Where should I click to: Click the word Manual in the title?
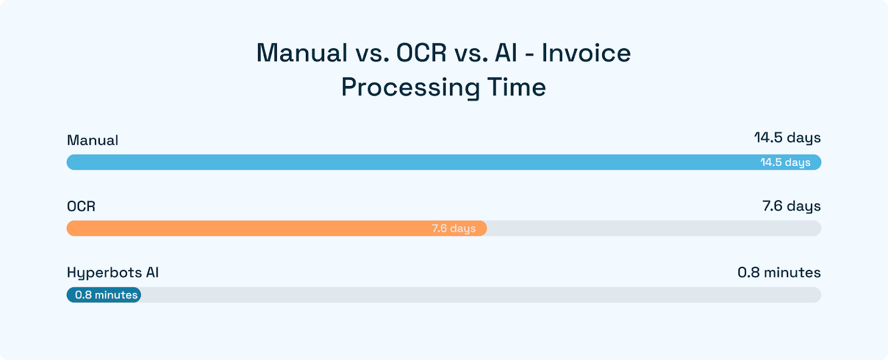pos(302,53)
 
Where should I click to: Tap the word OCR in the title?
pos(421,53)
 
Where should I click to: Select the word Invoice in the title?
pos(586,53)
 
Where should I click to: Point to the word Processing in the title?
pos(410,88)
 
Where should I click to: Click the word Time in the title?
pos(517,88)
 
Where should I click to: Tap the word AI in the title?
pos(506,53)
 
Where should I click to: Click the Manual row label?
pos(93,140)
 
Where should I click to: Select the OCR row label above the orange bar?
pos(81,206)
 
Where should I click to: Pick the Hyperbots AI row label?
pos(113,273)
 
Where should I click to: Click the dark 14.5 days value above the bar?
pos(787,138)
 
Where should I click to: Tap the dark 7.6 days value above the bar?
pos(791,206)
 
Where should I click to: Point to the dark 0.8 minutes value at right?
pos(779,272)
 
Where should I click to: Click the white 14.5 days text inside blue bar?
pos(785,163)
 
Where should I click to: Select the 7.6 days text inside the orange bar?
pos(453,229)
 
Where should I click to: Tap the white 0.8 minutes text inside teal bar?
pos(106,295)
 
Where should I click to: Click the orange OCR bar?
pos(250,229)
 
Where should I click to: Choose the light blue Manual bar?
pos(389,163)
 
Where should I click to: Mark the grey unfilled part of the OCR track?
pos(655,229)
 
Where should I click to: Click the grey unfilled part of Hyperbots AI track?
pos(477,295)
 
